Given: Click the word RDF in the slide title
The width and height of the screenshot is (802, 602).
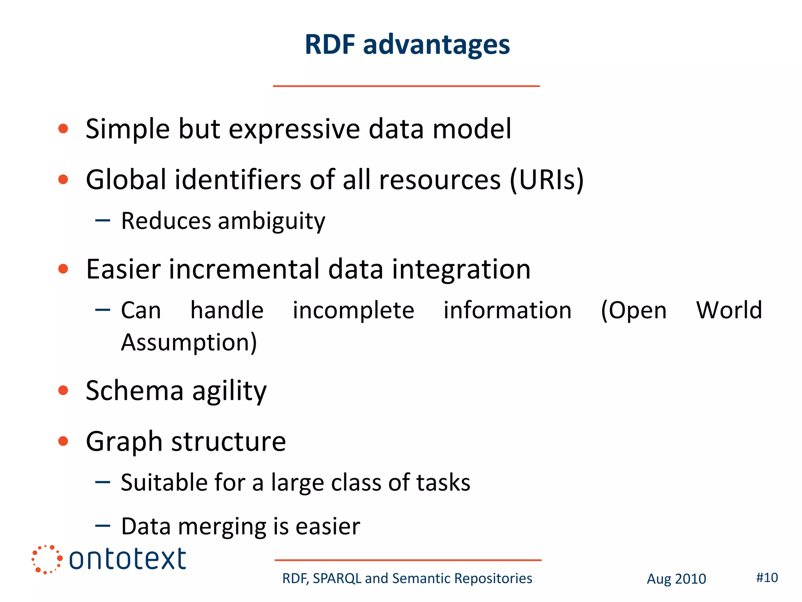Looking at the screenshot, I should pos(330,44).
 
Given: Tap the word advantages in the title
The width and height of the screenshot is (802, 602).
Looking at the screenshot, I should pos(436,45).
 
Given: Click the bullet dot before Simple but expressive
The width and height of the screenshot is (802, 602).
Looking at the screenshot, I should pos(63,129).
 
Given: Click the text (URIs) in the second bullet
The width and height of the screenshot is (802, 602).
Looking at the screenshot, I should pos(547,180).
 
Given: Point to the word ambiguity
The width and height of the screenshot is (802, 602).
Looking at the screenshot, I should pos(271,221).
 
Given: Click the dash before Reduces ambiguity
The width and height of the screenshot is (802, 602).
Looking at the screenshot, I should pos(103,220).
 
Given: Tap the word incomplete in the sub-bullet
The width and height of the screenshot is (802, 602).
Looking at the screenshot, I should pos(353,310).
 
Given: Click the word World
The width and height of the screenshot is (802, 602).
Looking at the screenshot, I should pos(729,310).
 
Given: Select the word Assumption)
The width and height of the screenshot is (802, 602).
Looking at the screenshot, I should pos(189,343).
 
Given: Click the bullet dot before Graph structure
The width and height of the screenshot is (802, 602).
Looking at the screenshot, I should pos(63,441).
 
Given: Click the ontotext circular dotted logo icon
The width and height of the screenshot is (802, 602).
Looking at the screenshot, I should pos(47,559).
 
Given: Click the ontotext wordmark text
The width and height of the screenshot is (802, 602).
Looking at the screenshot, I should pos(127,559).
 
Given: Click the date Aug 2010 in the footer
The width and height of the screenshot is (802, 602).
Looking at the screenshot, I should pos(676,579).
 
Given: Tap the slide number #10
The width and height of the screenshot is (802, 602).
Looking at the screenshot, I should pos(767,578).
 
